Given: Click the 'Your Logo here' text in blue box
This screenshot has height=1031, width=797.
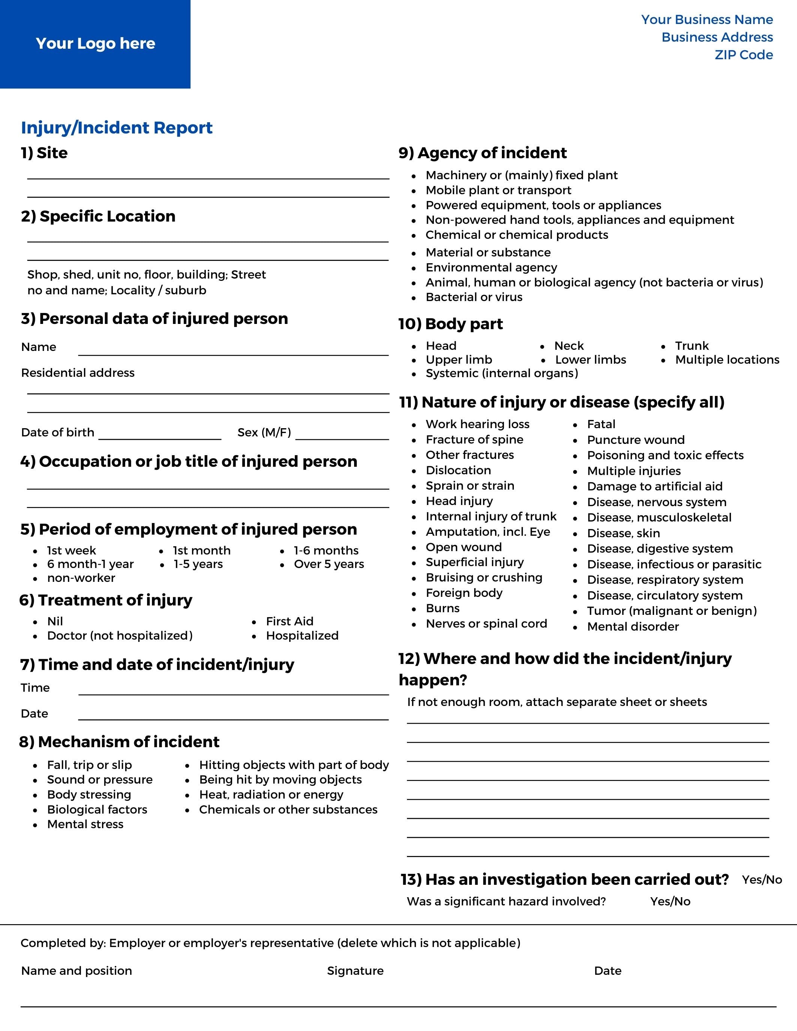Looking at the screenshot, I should (x=95, y=43).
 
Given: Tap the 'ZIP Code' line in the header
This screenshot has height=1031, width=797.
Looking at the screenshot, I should (x=744, y=55).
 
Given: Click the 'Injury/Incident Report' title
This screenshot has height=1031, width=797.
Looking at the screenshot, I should (x=117, y=127).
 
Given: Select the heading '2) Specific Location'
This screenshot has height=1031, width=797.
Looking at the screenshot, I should (x=98, y=216).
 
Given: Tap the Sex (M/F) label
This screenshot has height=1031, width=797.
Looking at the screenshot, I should (x=264, y=432).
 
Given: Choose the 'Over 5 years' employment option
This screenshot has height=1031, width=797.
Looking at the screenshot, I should (x=329, y=564).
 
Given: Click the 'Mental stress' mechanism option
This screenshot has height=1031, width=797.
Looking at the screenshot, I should (x=85, y=824).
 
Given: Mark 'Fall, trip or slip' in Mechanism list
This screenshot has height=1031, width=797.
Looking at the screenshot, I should (x=89, y=765).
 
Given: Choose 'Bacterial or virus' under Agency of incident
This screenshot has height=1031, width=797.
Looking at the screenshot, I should (x=474, y=297).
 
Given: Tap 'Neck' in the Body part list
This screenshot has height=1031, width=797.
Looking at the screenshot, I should (x=569, y=346).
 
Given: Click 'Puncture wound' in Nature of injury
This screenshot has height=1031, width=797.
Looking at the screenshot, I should (x=635, y=440).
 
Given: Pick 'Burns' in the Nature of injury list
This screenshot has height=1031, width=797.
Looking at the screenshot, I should (x=443, y=608).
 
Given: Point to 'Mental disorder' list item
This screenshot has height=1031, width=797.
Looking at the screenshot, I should (x=633, y=626).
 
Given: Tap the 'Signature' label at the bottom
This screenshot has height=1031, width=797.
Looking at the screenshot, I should (x=355, y=971).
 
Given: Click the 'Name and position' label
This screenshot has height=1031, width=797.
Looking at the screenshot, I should (x=77, y=971).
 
